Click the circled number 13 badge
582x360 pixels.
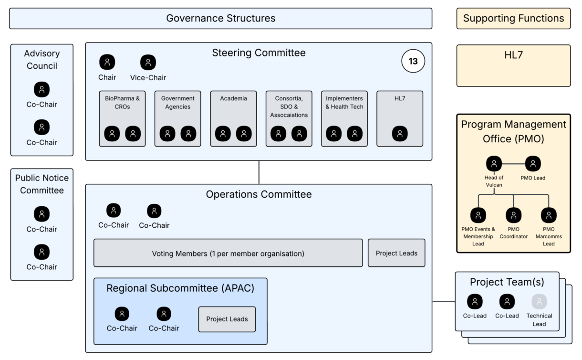click(413, 61)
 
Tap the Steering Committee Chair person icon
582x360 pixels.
click(107, 62)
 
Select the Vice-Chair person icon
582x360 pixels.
click(148, 63)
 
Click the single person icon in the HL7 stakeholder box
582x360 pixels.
click(400, 134)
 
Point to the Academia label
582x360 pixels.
click(233, 98)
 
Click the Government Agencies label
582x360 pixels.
click(178, 103)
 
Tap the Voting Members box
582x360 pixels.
click(228, 253)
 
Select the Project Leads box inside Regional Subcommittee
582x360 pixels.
click(227, 319)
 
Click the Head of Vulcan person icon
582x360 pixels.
click(494, 164)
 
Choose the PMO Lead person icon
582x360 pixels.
click(533, 164)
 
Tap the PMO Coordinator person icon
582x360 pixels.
click(513, 215)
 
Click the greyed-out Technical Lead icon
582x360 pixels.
click(539, 302)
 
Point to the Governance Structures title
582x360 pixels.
click(220, 18)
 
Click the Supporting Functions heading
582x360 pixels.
click(513, 18)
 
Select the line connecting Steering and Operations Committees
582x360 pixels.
click(259, 172)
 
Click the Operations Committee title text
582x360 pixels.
click(259, 194)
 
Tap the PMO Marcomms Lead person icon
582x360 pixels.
click(549, 215)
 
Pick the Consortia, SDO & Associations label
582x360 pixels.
click(289, 106)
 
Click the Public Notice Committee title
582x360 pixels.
click(42, 184)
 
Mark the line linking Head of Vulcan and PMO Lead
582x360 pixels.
click(513, 164)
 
